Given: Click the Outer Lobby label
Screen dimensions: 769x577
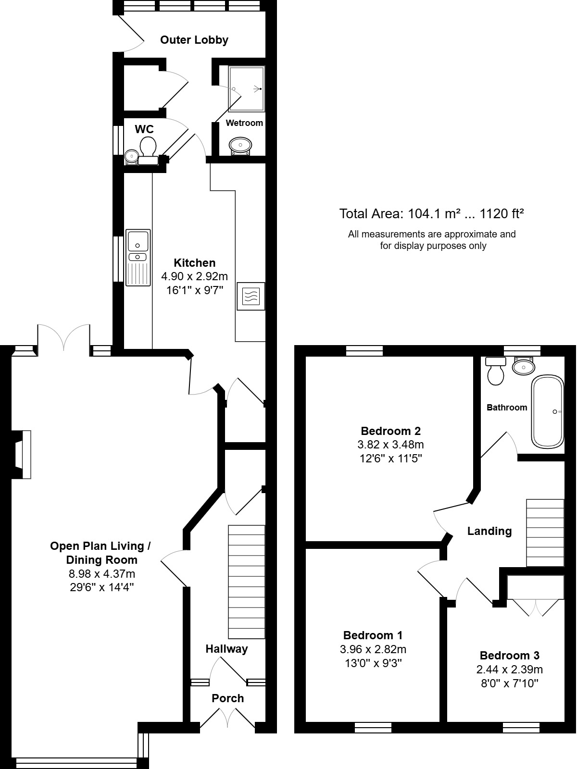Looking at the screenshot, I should [194, 40].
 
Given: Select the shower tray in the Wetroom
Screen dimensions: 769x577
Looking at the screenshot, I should [247, 89].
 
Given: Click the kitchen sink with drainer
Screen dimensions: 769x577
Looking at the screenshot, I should [138, 257].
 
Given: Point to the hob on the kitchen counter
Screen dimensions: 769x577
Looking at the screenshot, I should [251, 296].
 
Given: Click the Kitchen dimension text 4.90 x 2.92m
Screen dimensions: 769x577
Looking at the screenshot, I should [194, 277].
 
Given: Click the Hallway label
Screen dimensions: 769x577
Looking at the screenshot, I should [226, 649].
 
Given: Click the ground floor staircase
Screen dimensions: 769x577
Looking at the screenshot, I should [246, 582].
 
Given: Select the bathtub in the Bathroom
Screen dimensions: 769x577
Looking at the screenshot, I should [547, 411].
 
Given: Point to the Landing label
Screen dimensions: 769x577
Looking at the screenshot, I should [489, 531].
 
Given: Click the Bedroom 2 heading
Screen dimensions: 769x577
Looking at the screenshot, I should [390, 431].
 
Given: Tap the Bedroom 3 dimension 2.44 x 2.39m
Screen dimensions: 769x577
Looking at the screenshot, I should [509, 669].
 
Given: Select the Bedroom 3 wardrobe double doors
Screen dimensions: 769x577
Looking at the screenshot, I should [534, 607].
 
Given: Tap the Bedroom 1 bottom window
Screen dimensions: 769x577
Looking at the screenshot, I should [373, 728].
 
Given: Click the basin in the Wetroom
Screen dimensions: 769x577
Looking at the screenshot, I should [240, 145].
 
